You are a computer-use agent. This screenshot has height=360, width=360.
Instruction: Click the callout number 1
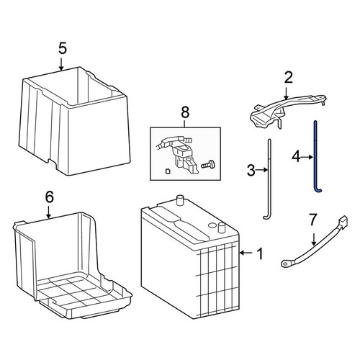pos(260,253)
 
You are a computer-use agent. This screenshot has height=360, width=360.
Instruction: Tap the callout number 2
pos(288,78)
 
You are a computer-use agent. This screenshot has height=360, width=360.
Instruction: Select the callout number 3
pos(251,170)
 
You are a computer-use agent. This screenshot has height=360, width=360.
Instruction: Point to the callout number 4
pos(296,157)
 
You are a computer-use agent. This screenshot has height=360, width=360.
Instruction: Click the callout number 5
pos(62,49)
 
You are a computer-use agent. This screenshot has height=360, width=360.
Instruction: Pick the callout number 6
pos(49,197)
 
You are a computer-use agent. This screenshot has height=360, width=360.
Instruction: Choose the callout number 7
pos(313,220)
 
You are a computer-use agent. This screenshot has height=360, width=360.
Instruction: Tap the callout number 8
pos(185,112)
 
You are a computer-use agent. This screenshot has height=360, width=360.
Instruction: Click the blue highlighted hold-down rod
pos(316,156)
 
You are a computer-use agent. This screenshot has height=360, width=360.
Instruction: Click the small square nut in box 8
pos(168,171)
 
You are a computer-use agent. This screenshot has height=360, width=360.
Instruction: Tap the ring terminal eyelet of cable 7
pos(286,264)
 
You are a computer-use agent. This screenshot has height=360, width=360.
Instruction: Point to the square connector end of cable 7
pos(343,220)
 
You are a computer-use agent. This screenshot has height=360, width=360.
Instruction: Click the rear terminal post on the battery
pos(179,200)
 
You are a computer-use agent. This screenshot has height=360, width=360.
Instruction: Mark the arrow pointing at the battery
pos(246,253)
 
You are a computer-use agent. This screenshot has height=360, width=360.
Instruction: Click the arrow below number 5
pos(61,63)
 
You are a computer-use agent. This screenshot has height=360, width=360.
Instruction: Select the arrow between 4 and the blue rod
pos(307,158)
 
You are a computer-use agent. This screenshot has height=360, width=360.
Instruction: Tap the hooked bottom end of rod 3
pos(266,217)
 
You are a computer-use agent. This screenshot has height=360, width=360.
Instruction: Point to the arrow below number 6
pos(48,212)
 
